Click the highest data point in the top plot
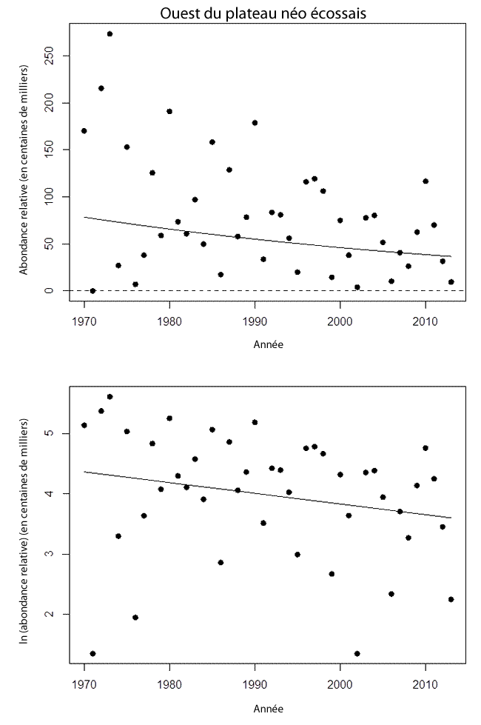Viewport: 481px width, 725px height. (110, 34)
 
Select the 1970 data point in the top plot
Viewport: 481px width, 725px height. (84, 131)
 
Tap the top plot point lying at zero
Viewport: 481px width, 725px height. (92, 290)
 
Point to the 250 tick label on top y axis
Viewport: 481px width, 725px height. (47, 56)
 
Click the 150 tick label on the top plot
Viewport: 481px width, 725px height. (47, 150)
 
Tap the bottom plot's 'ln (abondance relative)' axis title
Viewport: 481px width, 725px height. (24, 530)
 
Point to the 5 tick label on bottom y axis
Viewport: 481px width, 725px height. (47, 433)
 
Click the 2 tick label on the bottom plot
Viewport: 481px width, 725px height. (47, 615)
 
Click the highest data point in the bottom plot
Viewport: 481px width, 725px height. (110, 397)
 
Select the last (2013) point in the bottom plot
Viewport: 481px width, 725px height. (451, 599)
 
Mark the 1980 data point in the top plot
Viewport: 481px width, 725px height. (169, 111)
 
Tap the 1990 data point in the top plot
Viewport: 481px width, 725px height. (255, 123)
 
